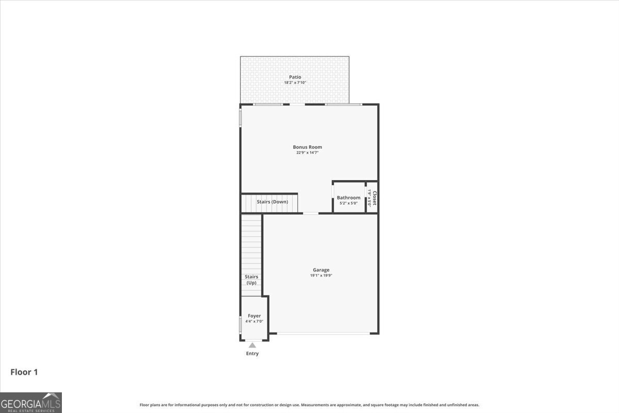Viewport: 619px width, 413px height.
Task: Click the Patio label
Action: click(295, 77)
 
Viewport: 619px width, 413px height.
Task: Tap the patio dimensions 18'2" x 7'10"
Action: click(295, 83)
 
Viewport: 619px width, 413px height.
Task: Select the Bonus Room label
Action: click(307, 147)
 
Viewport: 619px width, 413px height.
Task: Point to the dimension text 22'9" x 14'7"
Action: click(307, 153)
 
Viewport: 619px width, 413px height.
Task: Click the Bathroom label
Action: click(349, 198)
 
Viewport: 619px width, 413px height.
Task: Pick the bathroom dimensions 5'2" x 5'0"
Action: click(349, 203)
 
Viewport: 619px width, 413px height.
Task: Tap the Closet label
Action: click(374, 198)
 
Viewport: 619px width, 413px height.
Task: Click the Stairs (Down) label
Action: click(272, 202)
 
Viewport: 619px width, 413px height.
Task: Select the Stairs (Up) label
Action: click(251, 280)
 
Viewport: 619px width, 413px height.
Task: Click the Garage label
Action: click(321, 270)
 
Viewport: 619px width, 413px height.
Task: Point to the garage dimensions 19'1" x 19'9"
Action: click(321, 276)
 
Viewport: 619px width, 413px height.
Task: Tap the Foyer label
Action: click(254, 316)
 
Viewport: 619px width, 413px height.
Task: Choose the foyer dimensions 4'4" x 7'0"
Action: click(254, 322)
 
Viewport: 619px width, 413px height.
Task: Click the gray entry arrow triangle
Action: click(252, 345)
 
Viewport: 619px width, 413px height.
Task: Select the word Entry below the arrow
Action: click(252, 354)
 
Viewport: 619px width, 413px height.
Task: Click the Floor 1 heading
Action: click(24, 372)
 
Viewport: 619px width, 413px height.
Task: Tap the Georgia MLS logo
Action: click(31, 402)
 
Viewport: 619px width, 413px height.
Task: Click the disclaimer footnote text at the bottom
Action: click(309, 405)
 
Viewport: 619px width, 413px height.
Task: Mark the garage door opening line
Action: click(323, 333)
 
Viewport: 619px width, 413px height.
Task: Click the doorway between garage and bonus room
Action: click(311, 213)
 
